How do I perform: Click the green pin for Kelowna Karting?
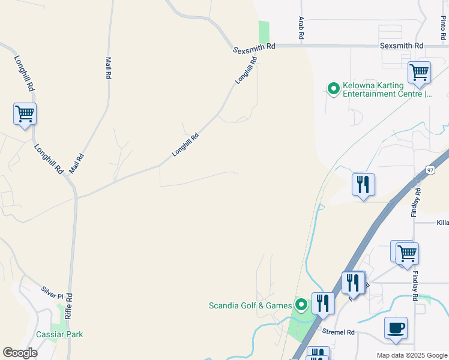(x=333, y=89)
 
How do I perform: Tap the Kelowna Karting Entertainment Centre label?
(x=387, y=90)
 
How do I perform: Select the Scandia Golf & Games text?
(x=250, y=305)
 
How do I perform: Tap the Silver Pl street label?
(x=52, y=292)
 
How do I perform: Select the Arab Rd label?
(x=301, y=28)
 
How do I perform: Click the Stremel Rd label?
(x=339, y=332)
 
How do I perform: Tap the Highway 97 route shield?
(x=430, y=170)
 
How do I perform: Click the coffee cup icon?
(x=396, y=328)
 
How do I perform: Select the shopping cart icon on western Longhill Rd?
(x=25, y=113)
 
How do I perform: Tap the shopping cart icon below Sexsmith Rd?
(x=419, y=73)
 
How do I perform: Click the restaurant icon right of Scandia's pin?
(x=323, y=303)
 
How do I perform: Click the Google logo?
(x=20, y=353)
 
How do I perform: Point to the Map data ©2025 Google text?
(x=412, y=355)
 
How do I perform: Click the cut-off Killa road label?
(x=442, y=223)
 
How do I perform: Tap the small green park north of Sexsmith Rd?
(x=264, y=32)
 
